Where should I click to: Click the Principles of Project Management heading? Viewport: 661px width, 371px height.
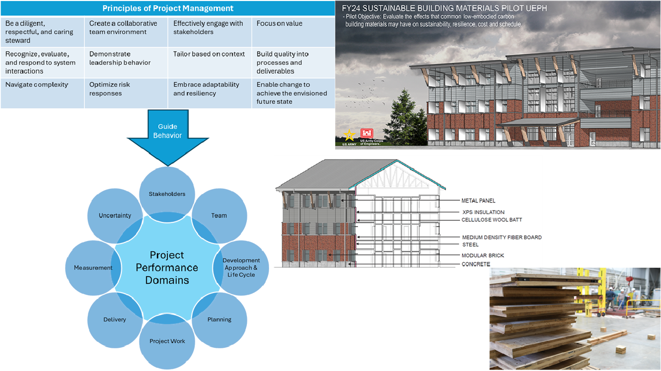click(167, 8)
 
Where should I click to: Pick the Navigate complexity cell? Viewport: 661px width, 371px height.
click(42, 93)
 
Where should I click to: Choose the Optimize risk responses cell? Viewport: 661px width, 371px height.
click(125, 93)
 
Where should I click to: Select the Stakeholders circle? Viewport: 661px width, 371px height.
click(167, 194)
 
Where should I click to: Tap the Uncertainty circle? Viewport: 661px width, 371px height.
click(115, 215)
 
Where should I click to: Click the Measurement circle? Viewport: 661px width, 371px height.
click(93, 267)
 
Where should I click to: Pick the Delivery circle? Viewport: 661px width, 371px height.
click(115, 319)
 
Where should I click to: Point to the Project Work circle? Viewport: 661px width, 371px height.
click(167, 341)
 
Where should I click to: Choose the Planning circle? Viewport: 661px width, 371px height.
click(219, 319)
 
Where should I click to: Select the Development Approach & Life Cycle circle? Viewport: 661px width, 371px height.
click(241, 267)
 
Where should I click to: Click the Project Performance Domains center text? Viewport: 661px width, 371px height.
click(167, 267)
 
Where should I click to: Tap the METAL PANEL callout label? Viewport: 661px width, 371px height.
click(478, 201)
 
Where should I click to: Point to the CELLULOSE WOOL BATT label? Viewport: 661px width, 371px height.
click(492, 220)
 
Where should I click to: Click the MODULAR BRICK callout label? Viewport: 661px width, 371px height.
click(482, 255)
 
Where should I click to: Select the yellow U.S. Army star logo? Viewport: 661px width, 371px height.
click(349, 136)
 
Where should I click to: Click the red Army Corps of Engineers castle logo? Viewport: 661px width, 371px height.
click(367, 133)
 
